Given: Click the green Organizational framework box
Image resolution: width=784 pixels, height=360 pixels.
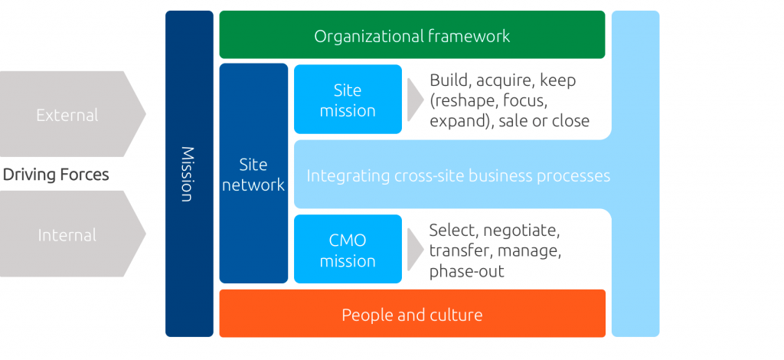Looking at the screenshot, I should click(412, 35).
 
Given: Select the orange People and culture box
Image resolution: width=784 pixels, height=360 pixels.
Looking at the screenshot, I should click(412, 314).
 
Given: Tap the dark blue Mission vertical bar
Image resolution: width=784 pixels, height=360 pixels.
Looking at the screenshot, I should click(188, 174).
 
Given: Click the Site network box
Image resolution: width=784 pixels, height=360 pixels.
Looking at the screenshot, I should click(253, 174).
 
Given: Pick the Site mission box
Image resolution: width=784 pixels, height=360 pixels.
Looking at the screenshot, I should click(348, 100).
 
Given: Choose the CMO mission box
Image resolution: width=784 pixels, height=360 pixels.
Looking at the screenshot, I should click(348, 250).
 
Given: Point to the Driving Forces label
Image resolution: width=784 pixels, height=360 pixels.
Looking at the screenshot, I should click(56, 175).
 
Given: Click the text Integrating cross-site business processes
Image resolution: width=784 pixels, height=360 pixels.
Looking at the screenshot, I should click(458, 175).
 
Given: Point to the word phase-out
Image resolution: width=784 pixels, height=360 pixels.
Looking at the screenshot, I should click(466, 271).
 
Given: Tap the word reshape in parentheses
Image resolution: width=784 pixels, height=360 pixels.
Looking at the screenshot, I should click(465, 100).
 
